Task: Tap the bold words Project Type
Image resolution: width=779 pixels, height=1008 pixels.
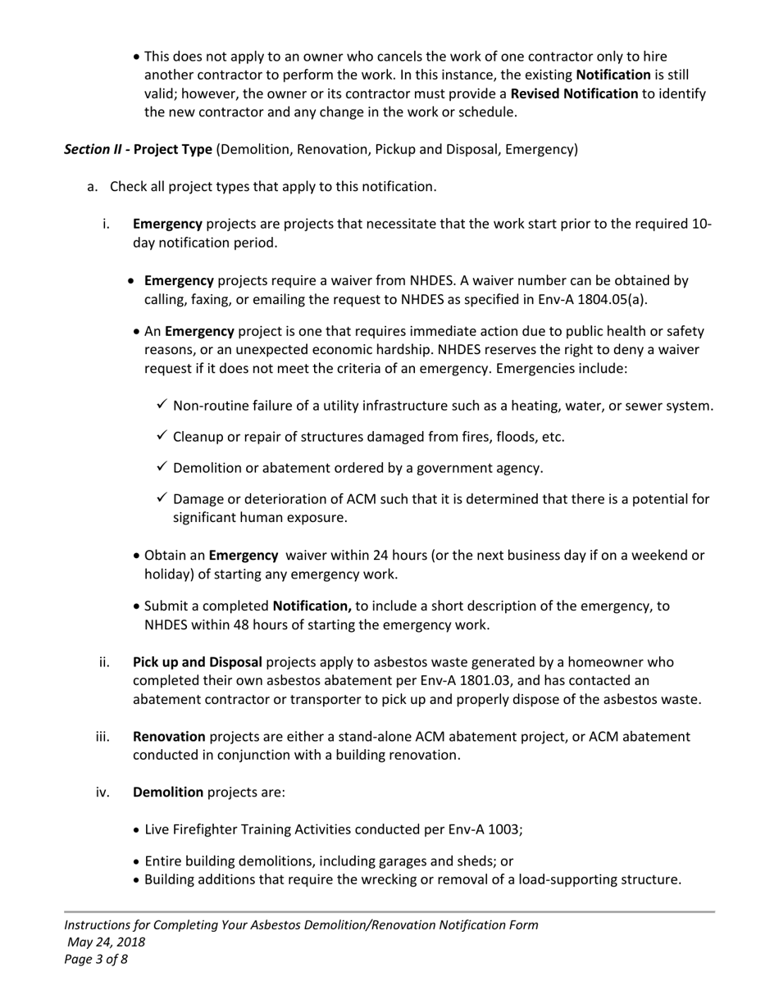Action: point(173,149)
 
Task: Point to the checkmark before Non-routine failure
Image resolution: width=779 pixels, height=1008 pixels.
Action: point(162,405)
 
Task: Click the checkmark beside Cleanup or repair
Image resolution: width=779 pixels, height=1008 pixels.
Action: point(162,436)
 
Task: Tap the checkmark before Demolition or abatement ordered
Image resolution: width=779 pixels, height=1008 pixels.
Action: point(162,467)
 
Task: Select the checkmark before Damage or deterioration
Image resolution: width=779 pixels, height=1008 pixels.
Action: point(162,498)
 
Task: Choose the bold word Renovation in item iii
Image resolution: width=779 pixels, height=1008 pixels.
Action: point(169,737)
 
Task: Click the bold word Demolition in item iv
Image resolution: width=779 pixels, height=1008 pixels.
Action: point(168,792)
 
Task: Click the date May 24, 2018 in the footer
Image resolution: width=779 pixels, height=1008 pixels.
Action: point(107,942)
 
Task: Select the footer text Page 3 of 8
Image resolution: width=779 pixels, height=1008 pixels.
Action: point(96,959)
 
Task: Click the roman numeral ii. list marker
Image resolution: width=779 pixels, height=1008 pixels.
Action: point(104,662)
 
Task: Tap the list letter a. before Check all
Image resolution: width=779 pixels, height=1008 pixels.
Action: point(93,187)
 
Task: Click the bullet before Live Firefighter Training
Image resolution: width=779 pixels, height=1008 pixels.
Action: point(136,830)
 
